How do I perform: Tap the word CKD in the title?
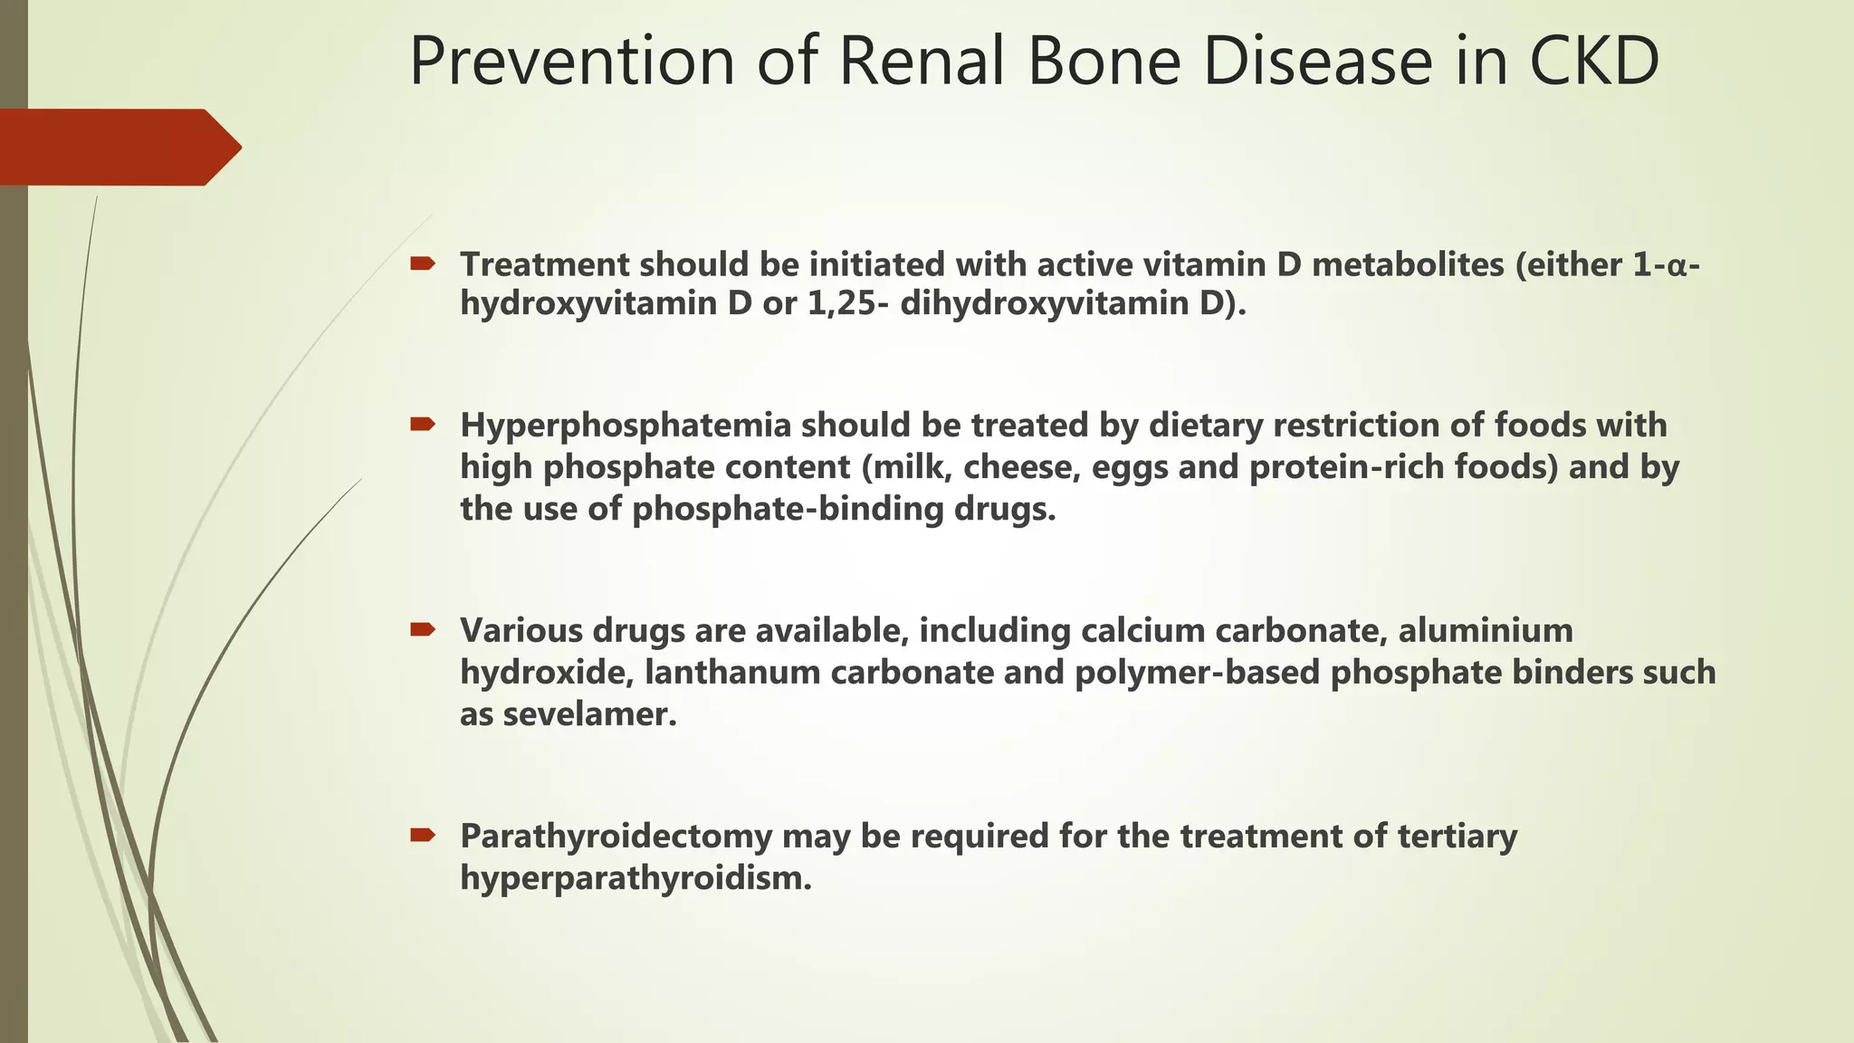1594,62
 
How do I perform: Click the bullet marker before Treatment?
422,264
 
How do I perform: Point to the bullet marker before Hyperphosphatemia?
422,424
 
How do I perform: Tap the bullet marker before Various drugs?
422,629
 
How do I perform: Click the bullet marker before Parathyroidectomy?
422,835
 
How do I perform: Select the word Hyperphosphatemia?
626,426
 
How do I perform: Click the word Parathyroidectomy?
616,837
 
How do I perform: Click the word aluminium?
1486,630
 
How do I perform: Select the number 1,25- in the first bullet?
847,303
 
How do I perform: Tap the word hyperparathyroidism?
636,878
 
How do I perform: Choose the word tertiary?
1457,837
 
